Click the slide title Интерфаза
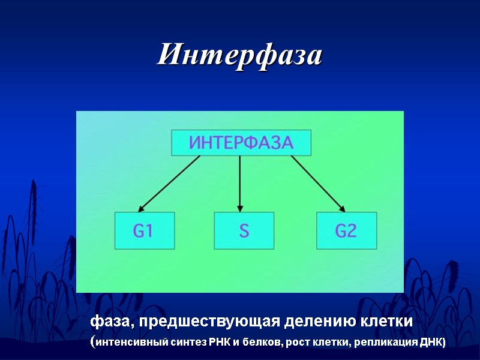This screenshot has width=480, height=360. pos(240,56)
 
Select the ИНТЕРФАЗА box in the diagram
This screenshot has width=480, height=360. pos(241,143)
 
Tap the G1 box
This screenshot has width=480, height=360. pos(145,230)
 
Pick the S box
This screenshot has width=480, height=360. pos(244,230)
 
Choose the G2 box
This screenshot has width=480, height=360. pos(346,230)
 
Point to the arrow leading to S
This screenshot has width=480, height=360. pos(240,183)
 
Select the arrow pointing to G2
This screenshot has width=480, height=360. pos(318,183)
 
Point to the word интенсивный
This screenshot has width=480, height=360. pos(124,343)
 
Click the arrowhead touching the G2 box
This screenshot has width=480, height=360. pos(342,208)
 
